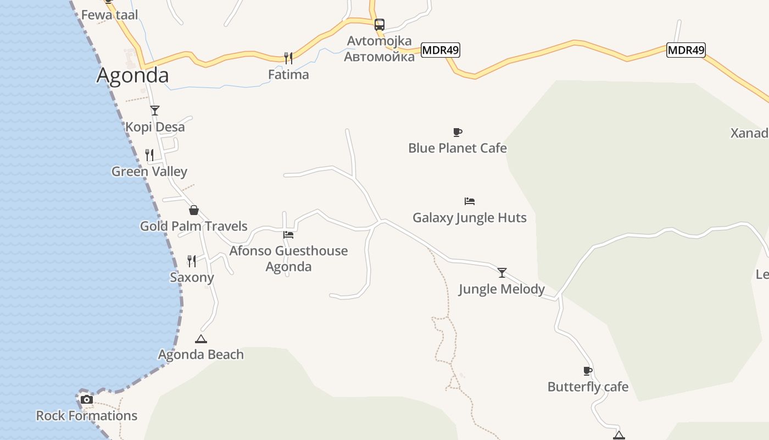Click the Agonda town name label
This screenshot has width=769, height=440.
[132, 75]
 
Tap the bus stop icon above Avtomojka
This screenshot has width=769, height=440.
[379, 24]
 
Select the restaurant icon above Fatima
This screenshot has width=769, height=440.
[288, 57]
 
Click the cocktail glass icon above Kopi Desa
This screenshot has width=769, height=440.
[155, 111]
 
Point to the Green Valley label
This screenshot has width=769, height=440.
[149, 172]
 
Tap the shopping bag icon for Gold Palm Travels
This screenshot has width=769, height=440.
[193, 210]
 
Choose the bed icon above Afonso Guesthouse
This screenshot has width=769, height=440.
[288, 235]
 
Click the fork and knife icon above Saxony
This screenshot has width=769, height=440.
[192, 261]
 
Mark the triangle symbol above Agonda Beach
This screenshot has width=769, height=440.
[201, 339]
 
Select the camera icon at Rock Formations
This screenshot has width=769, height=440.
[87, 399]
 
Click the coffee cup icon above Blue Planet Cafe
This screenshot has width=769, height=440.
[458, 132]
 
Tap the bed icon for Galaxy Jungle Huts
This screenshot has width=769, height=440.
[469, 201]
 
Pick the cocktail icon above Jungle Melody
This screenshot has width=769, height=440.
[501, 272]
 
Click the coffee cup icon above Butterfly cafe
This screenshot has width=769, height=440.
[588, 371]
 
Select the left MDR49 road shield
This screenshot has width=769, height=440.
[441, 50]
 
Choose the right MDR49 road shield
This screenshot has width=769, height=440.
[686, 50]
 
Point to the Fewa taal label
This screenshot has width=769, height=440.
[110, 15]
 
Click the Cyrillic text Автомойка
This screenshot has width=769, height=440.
[379, 57]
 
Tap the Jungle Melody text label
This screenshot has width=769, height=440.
[501, 289]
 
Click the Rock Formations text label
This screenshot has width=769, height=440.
[87, 416]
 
